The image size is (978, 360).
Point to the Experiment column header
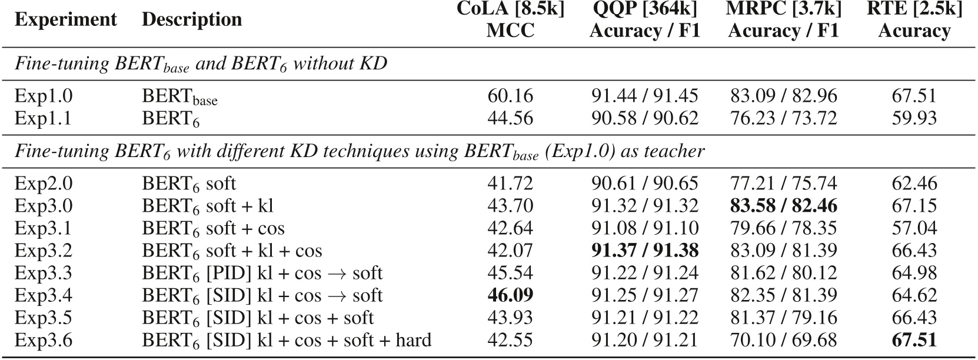(x=65, y=19)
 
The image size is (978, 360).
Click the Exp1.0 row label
(x=43, y=96)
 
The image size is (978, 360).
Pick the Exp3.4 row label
(x=43, y=295)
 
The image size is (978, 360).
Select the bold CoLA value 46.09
(x=510, y=295)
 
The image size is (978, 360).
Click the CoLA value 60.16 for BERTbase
(x=510, y=96)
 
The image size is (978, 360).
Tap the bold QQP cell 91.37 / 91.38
(x=644, y=251)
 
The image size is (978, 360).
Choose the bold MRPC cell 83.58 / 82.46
(x=783, y=206)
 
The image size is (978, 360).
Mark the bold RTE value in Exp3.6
(x=914, y=340)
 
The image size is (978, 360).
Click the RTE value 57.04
(x=914, y=228)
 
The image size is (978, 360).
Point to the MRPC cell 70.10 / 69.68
(x=783, y=340)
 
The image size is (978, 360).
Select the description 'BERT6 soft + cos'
(x=213, y=228)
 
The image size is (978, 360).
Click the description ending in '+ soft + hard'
(x=286, y=340)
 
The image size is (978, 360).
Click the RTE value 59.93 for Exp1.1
(x=914, y=118)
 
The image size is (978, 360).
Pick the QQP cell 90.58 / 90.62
(x=644, y=118)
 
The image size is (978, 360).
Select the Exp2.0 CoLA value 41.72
(x=510, y=184)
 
